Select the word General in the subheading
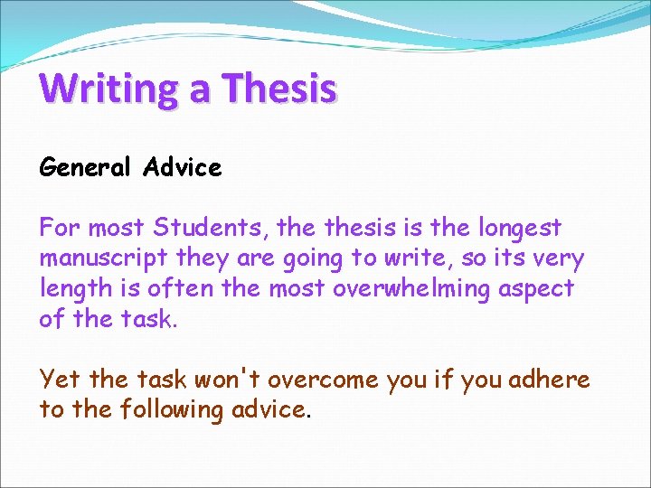pyautogui.click(x=85, y=168)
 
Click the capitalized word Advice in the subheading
pyautogui.click(x=182, y=168)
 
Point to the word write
pyautogui.click(x=411, y=259)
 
